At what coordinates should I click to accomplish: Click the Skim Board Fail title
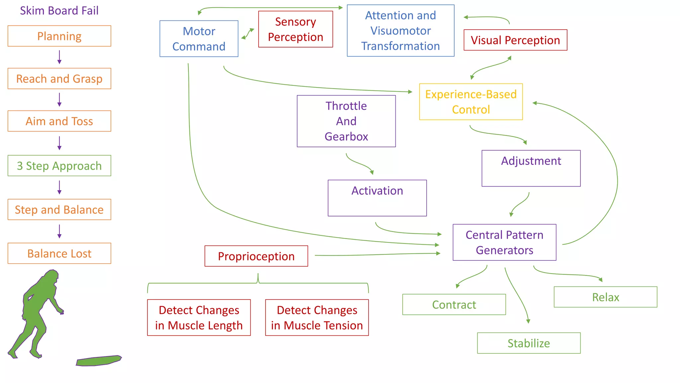click(59, 11)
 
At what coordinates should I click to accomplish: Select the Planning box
click(59, 36)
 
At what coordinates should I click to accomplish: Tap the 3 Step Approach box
click(59, 166)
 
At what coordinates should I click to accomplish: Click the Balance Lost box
click(59, 253)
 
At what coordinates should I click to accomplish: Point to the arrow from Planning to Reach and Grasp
click(59, 57)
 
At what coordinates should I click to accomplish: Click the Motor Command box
click(199, 39)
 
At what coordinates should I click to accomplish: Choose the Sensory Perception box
click(295, 29)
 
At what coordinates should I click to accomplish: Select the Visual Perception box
click(515, 40)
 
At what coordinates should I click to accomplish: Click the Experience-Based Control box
click(470, 102)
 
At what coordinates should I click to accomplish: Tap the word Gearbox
click(346, 137)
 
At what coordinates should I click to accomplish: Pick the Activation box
click(377, 198)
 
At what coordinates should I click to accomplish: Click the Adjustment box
click(531, 168)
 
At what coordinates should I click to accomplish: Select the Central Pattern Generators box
click(504, 242)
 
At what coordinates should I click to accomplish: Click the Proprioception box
click(256, 256)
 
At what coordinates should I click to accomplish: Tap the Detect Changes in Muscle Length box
click(199, 318)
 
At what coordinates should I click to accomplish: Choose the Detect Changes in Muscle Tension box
click(317, 318)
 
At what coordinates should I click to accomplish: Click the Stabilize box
click(528, 343)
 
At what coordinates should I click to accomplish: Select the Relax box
click(605, 297)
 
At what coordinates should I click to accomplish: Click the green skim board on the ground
click(99, 361)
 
